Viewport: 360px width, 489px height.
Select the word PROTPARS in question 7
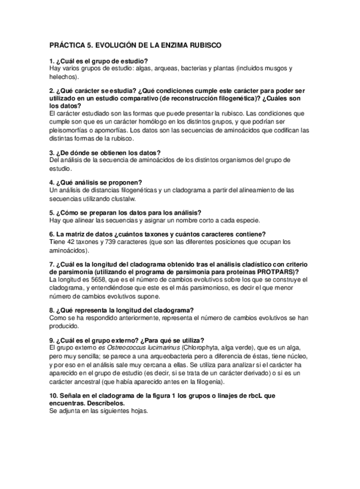tap(277, 272)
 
